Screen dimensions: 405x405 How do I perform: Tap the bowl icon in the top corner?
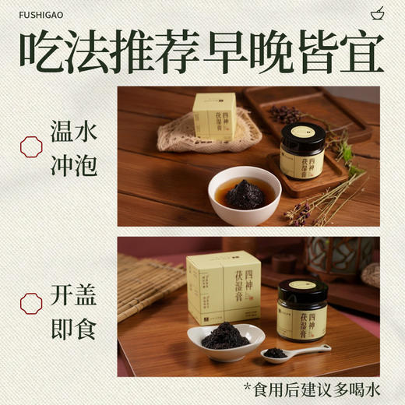click(378, 12)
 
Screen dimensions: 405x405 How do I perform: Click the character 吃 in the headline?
click(41, 51)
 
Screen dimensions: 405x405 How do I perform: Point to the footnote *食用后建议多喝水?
click(308, 389)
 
